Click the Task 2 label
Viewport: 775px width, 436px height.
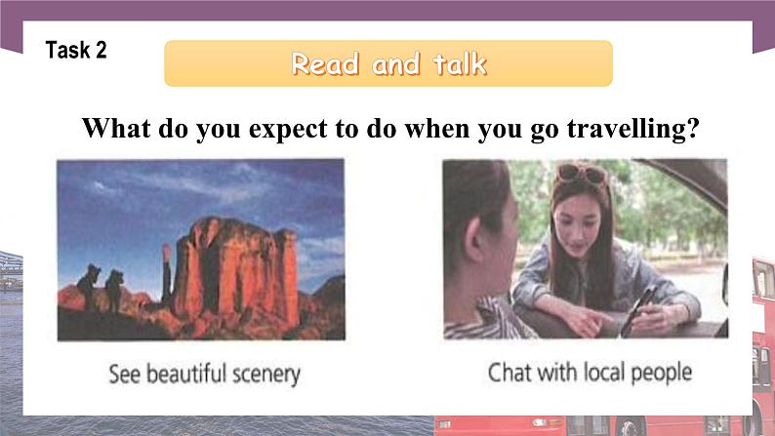click(75, 51)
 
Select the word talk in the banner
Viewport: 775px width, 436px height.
click(454, 65)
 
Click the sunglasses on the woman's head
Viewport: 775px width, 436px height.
click(582, 174)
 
